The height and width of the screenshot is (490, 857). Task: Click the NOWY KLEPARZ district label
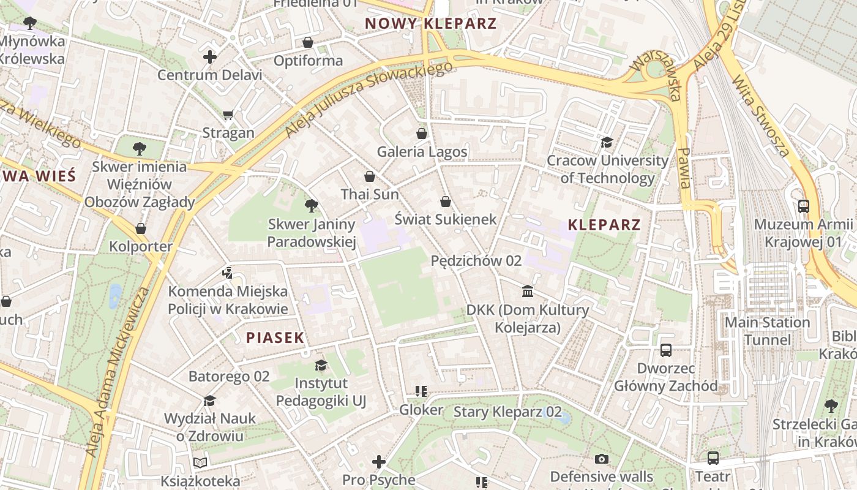pos(430,24)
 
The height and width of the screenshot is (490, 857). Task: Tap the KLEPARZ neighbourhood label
pos(604,225)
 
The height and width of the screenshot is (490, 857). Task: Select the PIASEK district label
pos(275,337)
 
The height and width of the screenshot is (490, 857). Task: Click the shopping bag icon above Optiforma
pos(308,42)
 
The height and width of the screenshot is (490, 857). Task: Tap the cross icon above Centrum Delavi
pos(210,57)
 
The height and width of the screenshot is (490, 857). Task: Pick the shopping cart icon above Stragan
pos(228,115)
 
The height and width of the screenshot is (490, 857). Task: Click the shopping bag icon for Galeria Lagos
pos(422,133)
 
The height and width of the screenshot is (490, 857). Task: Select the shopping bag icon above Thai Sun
pos(370,176)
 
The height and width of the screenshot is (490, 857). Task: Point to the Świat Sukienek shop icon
pos(446,201)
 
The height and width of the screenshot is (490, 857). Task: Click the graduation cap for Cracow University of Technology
pos(607,142)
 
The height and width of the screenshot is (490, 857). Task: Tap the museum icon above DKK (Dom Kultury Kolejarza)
pos(528,291)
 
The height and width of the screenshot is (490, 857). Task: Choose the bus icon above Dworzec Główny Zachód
pos(666,350)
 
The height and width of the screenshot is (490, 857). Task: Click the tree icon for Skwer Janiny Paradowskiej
pos(312,206)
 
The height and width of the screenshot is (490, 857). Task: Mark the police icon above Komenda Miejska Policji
pos(228,273)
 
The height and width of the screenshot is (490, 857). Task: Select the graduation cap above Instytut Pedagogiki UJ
pos(321,366)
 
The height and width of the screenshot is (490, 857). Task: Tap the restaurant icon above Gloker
pos(421,391)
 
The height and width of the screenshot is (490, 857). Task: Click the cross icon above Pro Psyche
pos(379,461)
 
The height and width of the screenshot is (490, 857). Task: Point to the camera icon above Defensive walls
pos(602,459)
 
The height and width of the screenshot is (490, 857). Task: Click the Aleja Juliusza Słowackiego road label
pos(369,98)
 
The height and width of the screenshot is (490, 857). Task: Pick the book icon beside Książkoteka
pos(200,462)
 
